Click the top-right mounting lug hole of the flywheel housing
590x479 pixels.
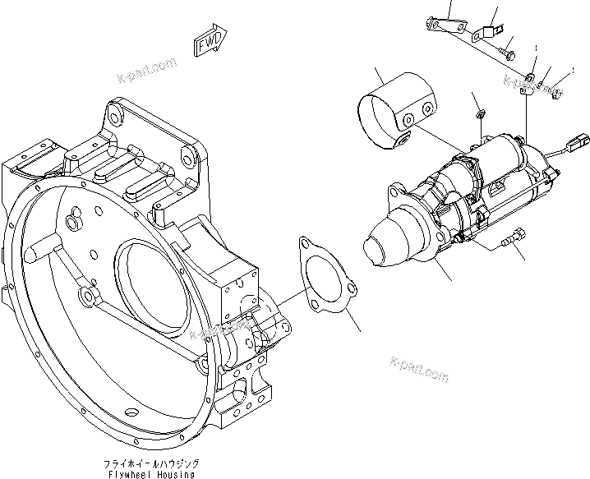[x=188, y=158]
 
